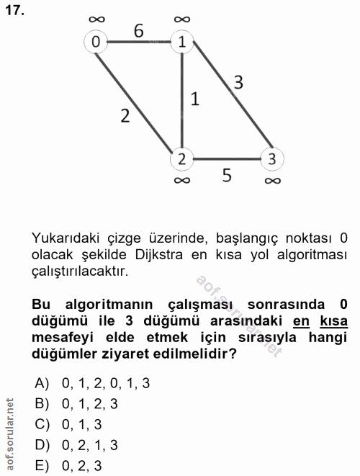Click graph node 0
95,42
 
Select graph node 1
182,42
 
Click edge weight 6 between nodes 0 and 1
138,31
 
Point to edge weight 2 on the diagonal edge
125,116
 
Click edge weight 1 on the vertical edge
194,99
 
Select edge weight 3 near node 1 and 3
238,82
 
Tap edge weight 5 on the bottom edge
226,175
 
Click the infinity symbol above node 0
95,18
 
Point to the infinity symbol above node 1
182,18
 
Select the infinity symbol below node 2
182,181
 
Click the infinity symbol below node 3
271,181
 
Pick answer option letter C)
41,423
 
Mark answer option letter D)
41,444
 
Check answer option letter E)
41,465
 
